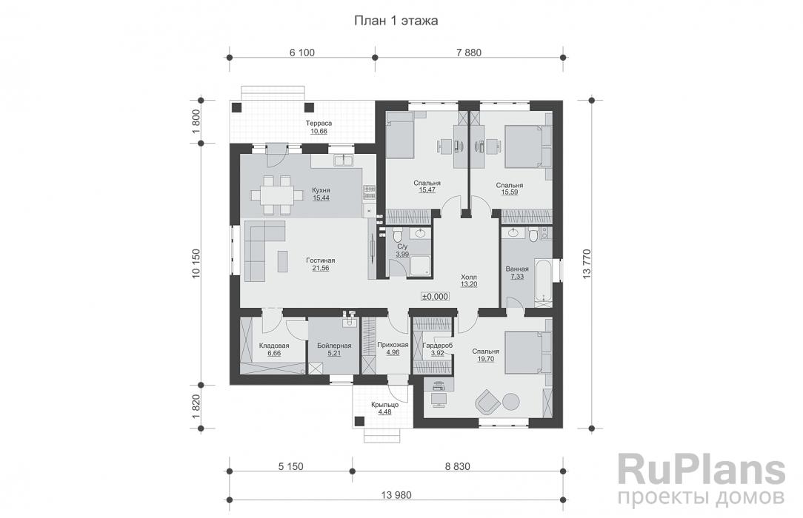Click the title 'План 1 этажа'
pyautogui.click(x=396, y=21)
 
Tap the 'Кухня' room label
pyautogui.click(x=321, y=190)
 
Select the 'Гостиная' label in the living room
pyautogui.click(x=321, y=260)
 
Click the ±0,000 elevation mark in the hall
pyautogui.click(x=436, y=297)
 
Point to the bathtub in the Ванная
pyautogui.click(x=543, y=280)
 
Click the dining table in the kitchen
pyautogui.click(x=271, y=195)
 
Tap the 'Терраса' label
pyautogui.click(x=319, y=124)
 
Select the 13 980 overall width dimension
pyautogui.click(x=396, y=495)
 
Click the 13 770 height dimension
pyautogui.click(x=587, y=264)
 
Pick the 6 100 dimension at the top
pyautogui.click(x=302, y=53)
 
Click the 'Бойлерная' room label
pyautogui.click(x=334, y=346)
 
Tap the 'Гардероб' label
pyautogui.click(x=437, y=346)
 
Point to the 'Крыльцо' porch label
pyautogui.click(x=385, y=405)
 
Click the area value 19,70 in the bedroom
pyautogui.click(x=485, y=359)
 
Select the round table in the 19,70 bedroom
pyautogui.click(x=510, y=401)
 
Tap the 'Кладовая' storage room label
pyautogui.click(x=274, y=346)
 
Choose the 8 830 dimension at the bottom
pyautogui.click(x=457, y=466)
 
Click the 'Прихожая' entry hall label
pyautogui.click(x=393, y=345)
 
